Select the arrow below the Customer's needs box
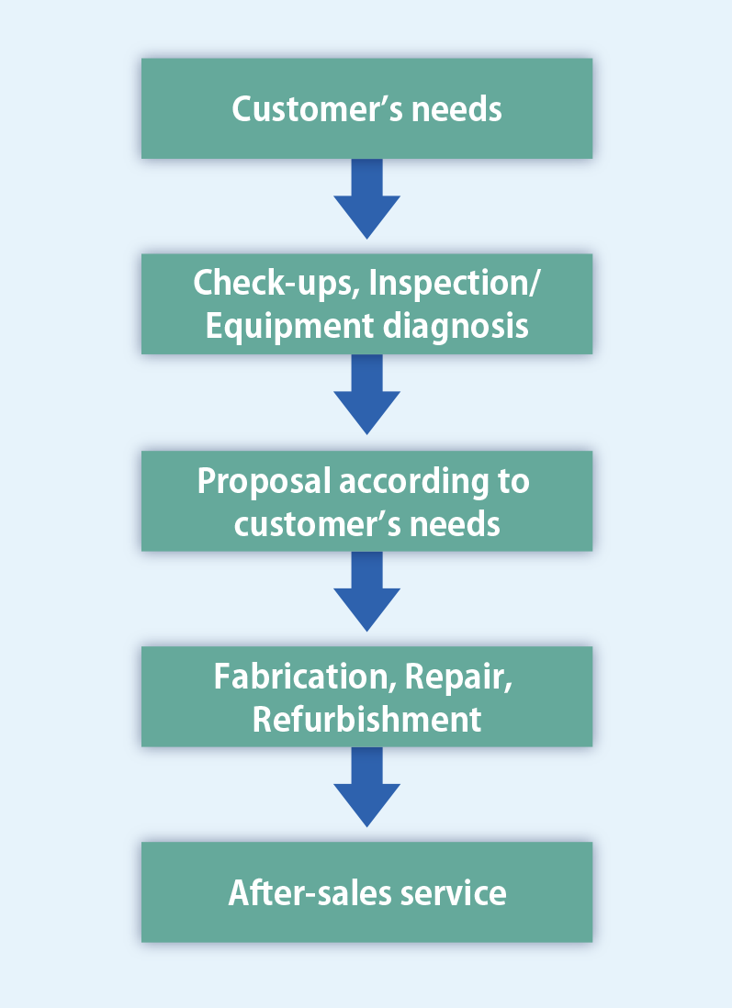click(x=366, y=202)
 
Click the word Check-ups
click(x=275, y=284)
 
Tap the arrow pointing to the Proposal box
click(x=366, y=398)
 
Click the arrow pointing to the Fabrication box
click(x=366, y=594)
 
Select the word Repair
click(x=456, y=677)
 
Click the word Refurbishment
click(x=366, y=719)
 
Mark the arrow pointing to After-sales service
click(x=366, y=790)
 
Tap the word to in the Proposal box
click(x=512, y=481)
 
